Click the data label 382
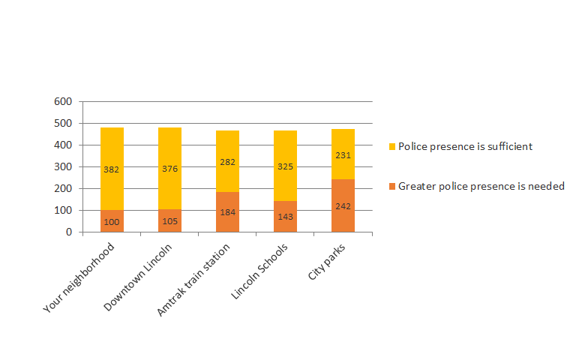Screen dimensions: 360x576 click(112, 169)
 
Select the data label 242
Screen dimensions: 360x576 click(343, 206)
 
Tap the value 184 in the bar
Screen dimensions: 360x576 click(227, 213)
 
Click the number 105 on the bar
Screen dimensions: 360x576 click(169, 221)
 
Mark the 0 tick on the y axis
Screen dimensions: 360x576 click(68, 232)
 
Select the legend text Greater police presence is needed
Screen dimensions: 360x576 click(481, 186)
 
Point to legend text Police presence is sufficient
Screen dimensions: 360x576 click(465, 146)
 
